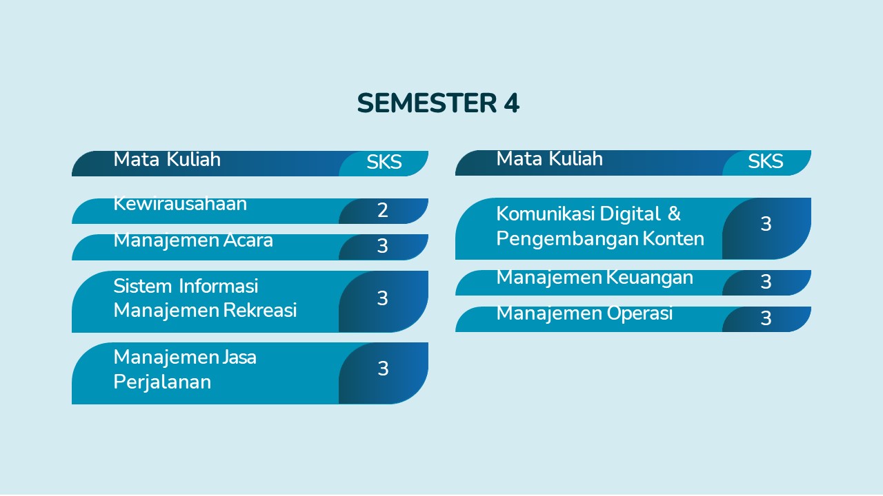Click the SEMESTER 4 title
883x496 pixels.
[438, 103]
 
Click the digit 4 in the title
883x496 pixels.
[511, 103]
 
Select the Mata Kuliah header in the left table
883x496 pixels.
[167, 159]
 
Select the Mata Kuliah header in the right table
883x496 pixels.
[550, 158]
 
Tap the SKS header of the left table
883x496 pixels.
[384, 162]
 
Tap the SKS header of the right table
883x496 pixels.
[766, 161]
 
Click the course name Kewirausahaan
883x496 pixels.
[180, 204]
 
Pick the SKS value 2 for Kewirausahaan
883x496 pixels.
[382, 210]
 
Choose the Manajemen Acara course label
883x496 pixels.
[193, 240]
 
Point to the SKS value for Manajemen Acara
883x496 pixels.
[382, 246]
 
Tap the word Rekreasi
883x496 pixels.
[260, 310]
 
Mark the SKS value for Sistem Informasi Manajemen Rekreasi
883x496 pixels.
[382, 298]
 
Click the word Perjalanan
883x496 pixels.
[162, 382]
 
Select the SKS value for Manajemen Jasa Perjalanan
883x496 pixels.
[383, 369]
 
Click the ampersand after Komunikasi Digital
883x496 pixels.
[674, 214]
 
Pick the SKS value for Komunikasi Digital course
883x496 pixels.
[766, 224]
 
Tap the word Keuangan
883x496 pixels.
[650, 278]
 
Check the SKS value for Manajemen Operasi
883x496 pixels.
[766, 318]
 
